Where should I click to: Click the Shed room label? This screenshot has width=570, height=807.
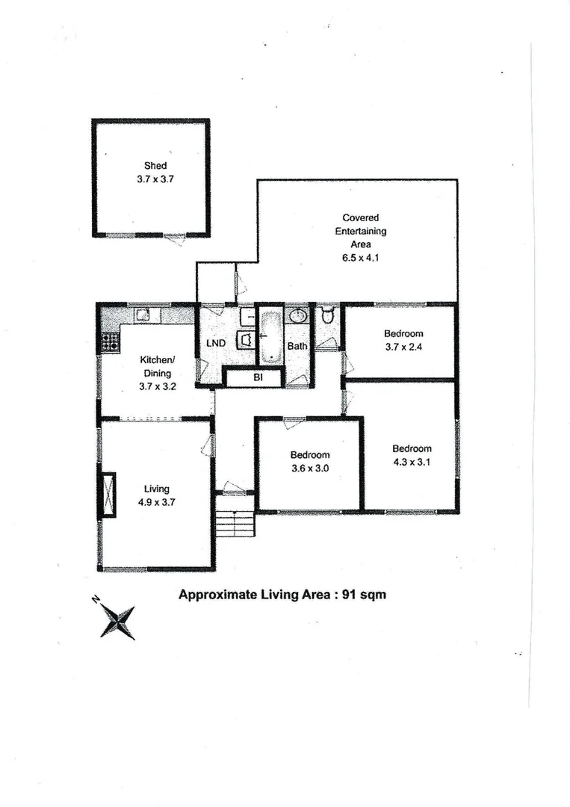coord(155,166)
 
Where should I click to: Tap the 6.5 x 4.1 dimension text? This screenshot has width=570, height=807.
coord(361,258)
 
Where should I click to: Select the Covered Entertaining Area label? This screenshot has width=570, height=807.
coord(361,231)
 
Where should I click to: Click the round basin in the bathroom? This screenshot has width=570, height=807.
coord(297,315)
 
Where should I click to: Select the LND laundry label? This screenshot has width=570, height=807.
coord(217,344)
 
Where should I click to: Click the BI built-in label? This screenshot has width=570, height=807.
coord(258,378)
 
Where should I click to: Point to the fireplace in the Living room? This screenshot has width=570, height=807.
coord(109,495)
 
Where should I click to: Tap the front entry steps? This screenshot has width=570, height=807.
coord(235,523)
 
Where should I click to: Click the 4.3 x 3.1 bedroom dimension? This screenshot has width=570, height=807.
coord(412,462)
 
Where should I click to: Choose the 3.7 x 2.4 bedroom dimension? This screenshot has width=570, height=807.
coord(403,347)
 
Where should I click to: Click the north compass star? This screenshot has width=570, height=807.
coord(117,619)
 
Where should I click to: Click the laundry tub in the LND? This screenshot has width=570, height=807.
coord(244,340)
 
